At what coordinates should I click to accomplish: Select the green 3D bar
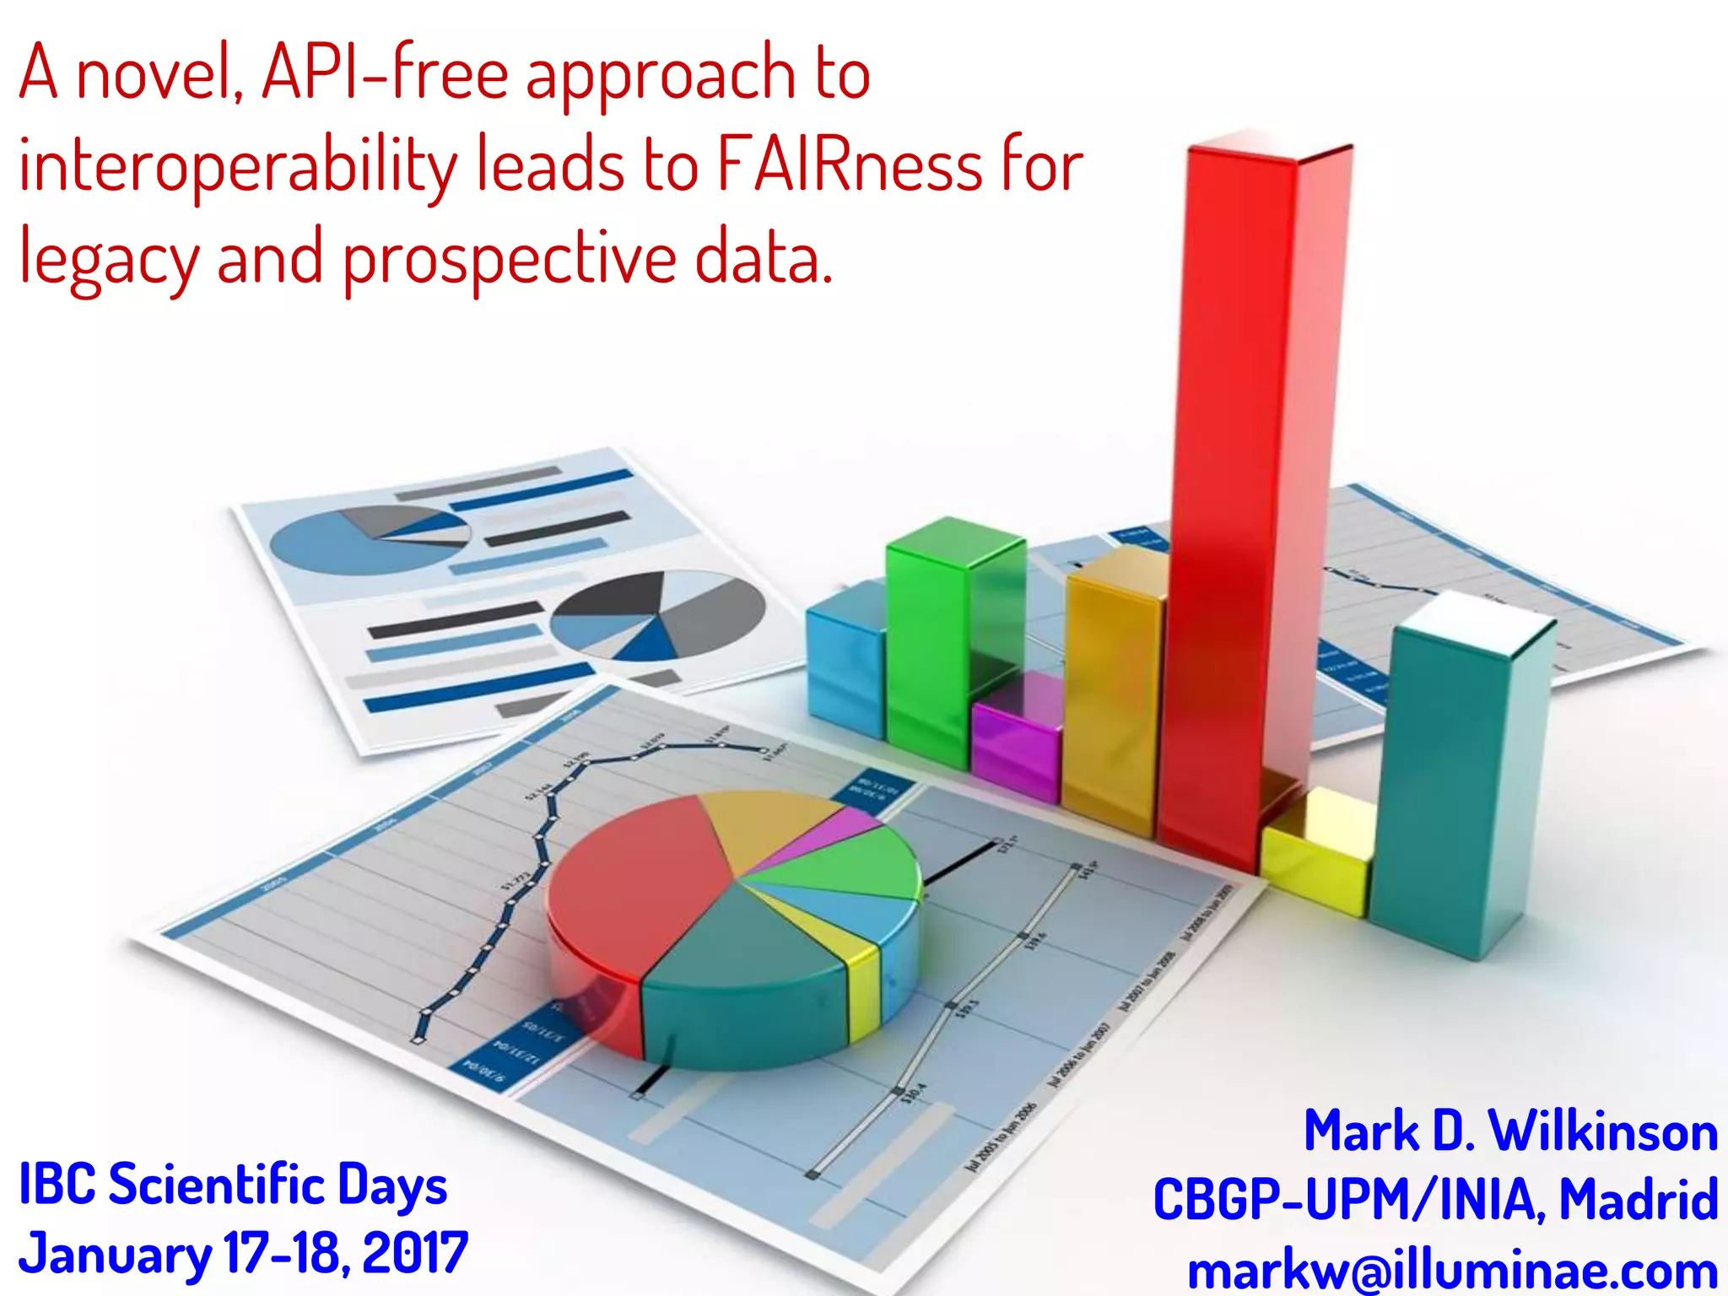[x=928, y=650]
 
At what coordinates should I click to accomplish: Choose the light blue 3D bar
[x=844, y=667]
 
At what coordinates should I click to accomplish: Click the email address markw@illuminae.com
[x=1452, y=1270]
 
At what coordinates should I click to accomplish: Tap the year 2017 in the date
[x=414, y=1253]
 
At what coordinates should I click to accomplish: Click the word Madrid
[x=1638, y=1199]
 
